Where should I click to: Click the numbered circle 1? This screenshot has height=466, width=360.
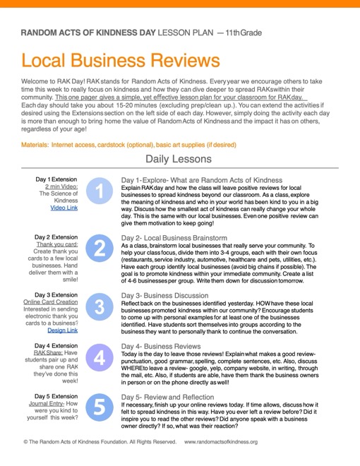tap(100, 191)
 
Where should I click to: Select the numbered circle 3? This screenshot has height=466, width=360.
tap(100, 304)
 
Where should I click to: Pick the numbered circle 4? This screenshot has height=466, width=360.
tap(100, 358)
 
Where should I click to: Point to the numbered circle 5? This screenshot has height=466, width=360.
tap(100, 408)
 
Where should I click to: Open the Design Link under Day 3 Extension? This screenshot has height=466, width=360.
tap(62, 330)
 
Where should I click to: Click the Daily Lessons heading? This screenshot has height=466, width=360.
tap(179, 160)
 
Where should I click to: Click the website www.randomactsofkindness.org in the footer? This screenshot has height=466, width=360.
tap(221, 442)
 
